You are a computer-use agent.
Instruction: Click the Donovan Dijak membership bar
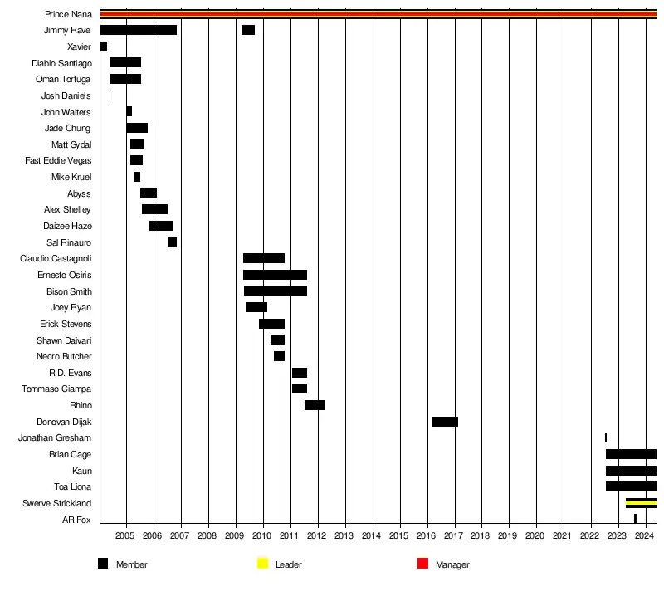click(x=444, y=422)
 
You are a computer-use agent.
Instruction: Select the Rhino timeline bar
click(x=315, y=405)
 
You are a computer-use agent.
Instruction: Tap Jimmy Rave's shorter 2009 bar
click(x=247, y=30)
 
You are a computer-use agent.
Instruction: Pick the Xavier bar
click(x=103, y=46)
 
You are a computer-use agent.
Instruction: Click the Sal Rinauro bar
click(x=172, y=242)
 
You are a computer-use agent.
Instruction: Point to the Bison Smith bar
click(x=275, y=291)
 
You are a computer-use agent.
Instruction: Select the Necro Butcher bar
click(x=279, y=356)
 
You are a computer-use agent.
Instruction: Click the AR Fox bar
click(x=635, y=519)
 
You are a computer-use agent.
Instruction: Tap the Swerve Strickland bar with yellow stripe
click(x=641, y=503)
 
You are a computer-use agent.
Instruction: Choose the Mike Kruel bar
click(x=137, y=177)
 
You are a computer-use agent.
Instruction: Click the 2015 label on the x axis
click(x=400, y=536)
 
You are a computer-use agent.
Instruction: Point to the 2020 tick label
click(x=536, y=536)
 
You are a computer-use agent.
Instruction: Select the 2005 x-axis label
click(x=126, y=536)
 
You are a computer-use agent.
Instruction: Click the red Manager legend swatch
click(x=422, y=564)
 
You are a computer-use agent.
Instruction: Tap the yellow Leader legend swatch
click(x=262, y=564)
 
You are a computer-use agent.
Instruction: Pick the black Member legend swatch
click(x=103, y=564)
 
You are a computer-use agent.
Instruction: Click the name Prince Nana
click(x=68, y=14)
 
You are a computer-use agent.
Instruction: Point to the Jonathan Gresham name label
click(x=55, y=438)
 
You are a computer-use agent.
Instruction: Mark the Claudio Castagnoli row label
click(x=56, y=259)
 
